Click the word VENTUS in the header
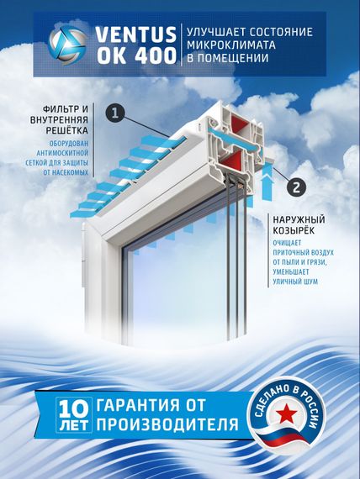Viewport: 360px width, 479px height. click(x=134, y=34)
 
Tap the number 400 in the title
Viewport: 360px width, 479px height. click(x=156, y=55)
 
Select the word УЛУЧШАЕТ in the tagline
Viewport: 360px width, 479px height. click(x=214, y=32)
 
